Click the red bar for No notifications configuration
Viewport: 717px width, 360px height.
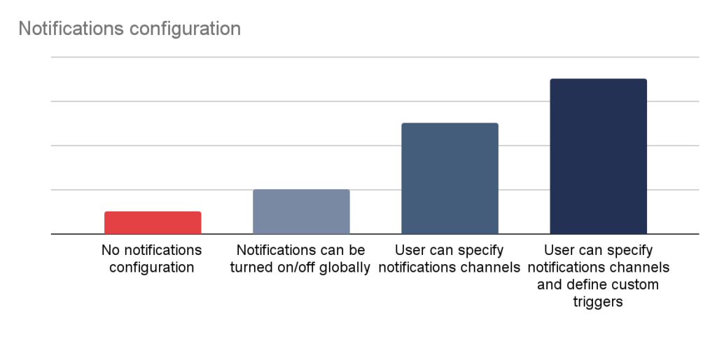tap(153, 223)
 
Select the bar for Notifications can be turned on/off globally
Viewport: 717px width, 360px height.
tap(301, 212)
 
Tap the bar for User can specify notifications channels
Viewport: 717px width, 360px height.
tap(450, 179)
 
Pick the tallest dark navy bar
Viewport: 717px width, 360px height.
tap(598, 156)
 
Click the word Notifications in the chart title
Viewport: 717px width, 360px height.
tap(71, 28)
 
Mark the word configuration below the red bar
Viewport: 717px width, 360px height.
tap(151, 268)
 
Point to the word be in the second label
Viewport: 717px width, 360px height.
tap(357, 250)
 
